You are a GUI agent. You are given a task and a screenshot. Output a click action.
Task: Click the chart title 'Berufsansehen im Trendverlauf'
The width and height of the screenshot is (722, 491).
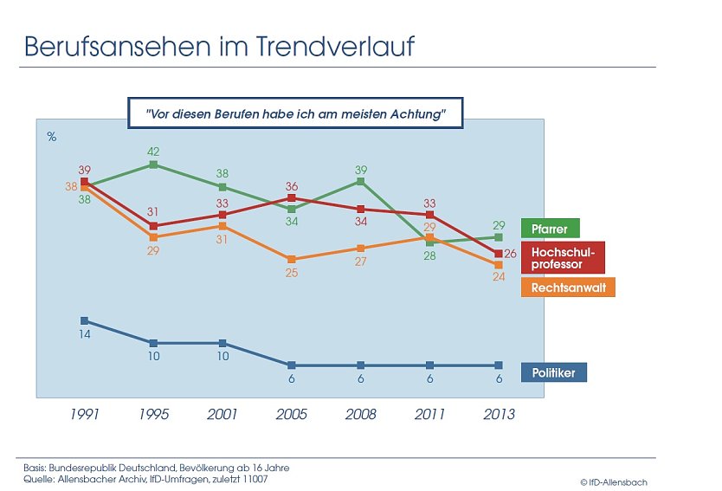218,47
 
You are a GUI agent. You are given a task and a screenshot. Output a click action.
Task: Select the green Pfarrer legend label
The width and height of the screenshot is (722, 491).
550,229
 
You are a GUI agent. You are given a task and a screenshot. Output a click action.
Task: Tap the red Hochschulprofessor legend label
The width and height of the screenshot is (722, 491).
562,257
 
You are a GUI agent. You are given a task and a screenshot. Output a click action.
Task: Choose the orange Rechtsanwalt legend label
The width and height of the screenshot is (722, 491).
568,287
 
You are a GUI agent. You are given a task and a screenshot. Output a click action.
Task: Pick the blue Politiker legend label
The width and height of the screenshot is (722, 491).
553,372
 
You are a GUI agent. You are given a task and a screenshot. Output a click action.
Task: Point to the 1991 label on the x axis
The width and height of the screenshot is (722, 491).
84,414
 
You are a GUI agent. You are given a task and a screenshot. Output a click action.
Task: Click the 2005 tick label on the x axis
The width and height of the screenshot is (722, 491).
292,414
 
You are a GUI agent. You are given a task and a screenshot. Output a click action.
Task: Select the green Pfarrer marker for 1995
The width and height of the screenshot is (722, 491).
153,164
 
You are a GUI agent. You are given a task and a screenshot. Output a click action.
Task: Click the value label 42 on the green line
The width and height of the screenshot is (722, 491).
153,150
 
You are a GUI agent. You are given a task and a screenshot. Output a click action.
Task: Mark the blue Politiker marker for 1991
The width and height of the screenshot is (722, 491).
84,320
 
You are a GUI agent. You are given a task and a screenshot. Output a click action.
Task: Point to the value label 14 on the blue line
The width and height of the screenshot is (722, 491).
84,334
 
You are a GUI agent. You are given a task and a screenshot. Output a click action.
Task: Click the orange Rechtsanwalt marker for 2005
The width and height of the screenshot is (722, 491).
292,259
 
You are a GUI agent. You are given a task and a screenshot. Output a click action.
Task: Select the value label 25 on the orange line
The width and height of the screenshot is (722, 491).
292,273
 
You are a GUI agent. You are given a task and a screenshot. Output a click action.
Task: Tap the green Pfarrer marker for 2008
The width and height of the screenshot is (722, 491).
361,181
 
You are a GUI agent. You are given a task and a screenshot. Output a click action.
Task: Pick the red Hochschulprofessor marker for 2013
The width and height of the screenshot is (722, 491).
498,253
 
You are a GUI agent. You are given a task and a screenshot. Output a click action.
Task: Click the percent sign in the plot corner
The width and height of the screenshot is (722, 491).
51,136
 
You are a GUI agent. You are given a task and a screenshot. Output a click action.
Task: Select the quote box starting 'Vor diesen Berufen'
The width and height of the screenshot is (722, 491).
295,113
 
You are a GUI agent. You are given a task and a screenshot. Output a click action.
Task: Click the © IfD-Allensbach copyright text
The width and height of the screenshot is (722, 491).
613,481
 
